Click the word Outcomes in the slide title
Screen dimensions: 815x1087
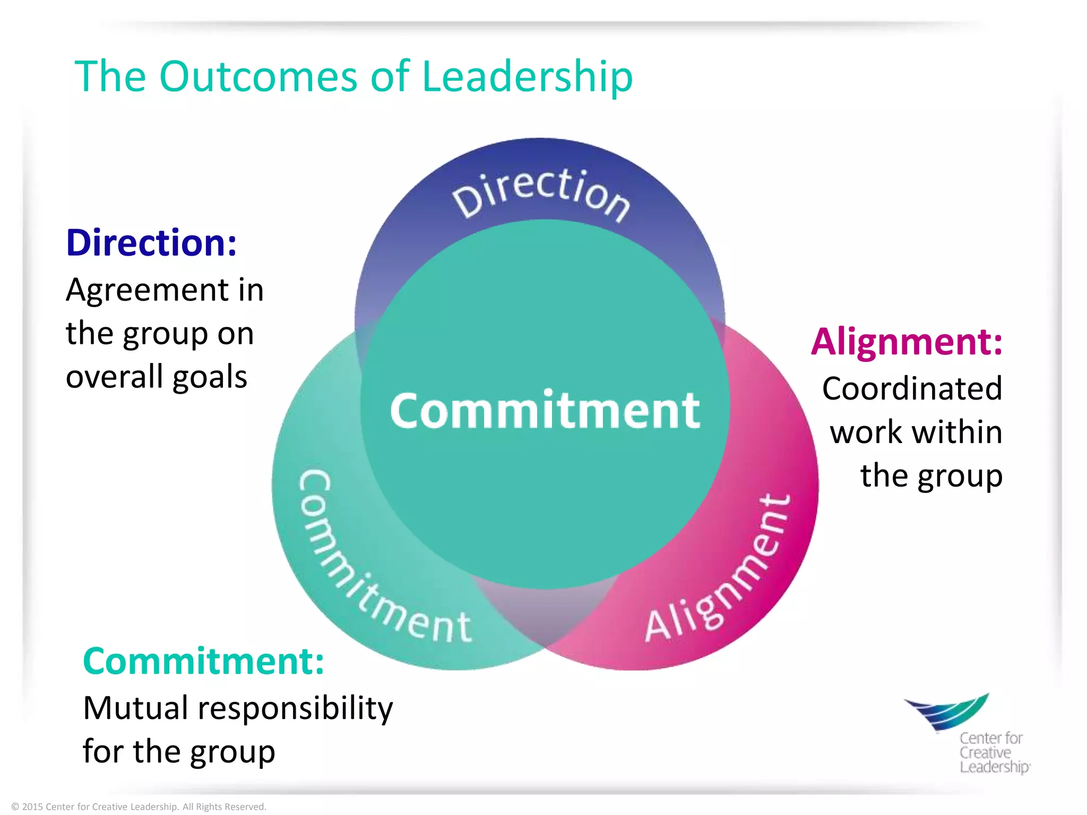258,76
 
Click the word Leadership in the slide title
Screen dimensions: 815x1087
527,77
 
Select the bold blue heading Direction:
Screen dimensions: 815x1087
151,242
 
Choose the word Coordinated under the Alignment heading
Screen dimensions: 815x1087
912,388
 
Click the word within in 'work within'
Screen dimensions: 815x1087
962,432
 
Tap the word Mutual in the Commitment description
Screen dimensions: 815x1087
135,708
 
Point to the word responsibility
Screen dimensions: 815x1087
295,709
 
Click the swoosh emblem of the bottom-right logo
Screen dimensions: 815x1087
947,711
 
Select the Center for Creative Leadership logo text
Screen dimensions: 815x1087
993,752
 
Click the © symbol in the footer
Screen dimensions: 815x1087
15,807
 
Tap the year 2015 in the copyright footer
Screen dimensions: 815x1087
32,807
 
